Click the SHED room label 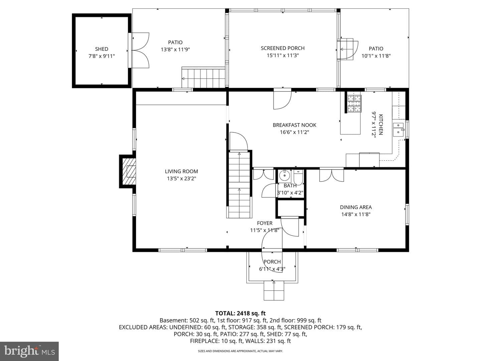pyautogui.click(x=102, y=49)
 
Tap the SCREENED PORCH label pyautogui.click(x=283, y=48)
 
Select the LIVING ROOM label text pyautogui.click(x=181, y=171)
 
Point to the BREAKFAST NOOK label pyautogui.click(x=294, y=125)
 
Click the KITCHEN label pyautogui.click(x=381, y=124)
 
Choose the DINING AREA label pyautogui.click(x=356, y=207)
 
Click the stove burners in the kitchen pyautogui.click(x=354, y=104)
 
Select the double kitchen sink pyautogui.click(x=398, y=129)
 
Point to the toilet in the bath pyautogui.click(x=298, y=177)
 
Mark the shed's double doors pyautogui.click(x=140, y=50)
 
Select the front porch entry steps pyautogui.click(x=274, y=290)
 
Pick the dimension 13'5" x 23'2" pyautogui.click(x=181, y=178)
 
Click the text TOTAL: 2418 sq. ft pyautogui.click(x=240, y=313)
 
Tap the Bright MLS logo pyautogui.click(x=29, y=351)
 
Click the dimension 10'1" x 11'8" pyautogui.click(x=376, y=56)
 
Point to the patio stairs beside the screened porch pyautogui.click(x=203, y=77)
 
